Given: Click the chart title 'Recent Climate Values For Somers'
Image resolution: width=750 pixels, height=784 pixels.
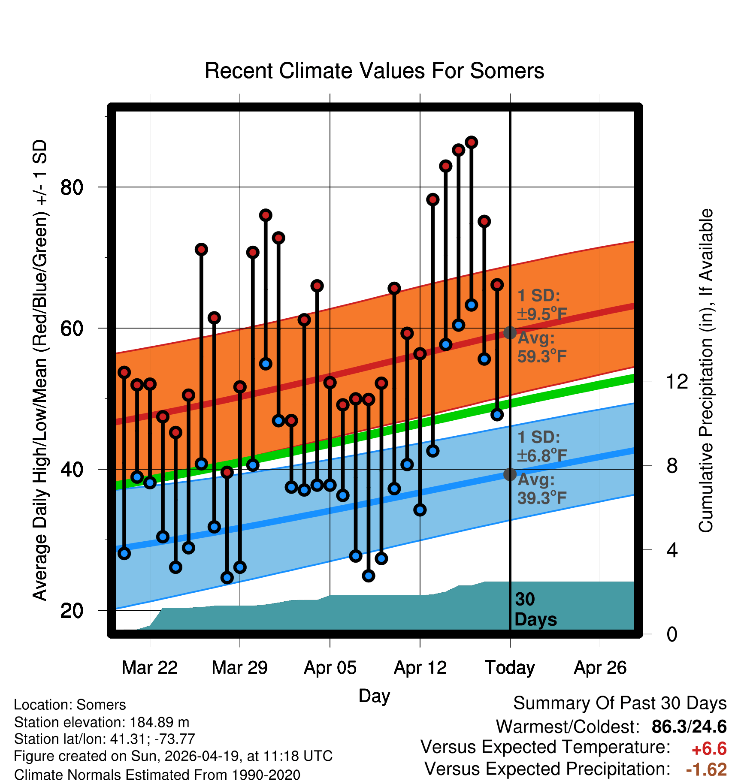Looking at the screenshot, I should [374, 71].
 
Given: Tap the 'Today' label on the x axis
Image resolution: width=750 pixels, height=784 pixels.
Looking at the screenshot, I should [510, 667].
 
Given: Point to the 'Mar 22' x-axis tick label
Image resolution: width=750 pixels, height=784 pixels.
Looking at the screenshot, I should [149, 667].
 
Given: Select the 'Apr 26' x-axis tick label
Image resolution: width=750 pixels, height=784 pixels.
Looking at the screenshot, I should [600, 667].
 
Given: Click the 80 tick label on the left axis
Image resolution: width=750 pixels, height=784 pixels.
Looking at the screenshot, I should [72, 187].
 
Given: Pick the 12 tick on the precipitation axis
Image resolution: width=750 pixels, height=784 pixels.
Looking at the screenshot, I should [677, 381].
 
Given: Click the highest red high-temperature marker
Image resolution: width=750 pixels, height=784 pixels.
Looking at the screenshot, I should [472, 142].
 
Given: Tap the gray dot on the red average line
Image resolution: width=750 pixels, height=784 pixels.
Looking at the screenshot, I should [510, 332].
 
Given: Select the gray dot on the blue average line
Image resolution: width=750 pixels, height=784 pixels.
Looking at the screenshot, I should [510, 474].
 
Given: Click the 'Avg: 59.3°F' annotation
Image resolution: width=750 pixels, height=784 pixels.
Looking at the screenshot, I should [541, 347].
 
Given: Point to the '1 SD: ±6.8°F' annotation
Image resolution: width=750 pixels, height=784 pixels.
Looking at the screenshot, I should [541, 446].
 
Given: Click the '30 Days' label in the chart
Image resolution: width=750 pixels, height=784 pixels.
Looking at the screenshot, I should [535, 609].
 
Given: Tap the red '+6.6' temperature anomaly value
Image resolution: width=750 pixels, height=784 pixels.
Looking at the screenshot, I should [709, 749].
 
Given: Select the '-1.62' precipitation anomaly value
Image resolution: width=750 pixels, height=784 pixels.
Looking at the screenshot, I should [706, 769].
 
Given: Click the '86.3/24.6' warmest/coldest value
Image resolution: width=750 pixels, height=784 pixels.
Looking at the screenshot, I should [689, 727].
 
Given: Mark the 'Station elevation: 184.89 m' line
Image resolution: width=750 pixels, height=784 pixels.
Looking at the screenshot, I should [102, 722].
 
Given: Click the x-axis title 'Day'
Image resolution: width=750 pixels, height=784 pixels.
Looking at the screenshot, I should [374, 696].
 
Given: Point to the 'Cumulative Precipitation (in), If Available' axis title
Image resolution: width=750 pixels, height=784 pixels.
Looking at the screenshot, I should [705, 371].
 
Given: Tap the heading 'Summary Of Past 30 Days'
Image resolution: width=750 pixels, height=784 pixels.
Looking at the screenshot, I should [620, 703].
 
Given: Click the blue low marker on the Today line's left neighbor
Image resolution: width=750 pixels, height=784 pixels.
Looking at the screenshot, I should [497, 414].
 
